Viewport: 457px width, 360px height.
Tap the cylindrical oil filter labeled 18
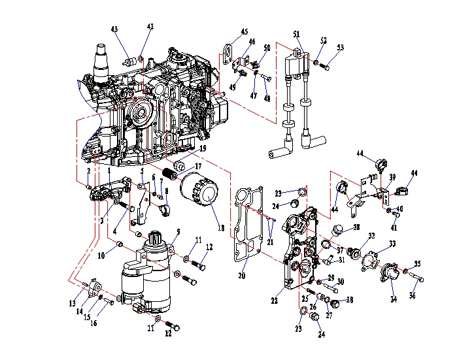199,190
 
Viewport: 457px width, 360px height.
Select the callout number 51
296,34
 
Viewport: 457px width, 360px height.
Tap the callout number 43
114,29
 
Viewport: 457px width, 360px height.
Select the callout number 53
340,47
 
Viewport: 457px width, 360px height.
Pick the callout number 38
356,227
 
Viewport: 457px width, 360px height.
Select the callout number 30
340,281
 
